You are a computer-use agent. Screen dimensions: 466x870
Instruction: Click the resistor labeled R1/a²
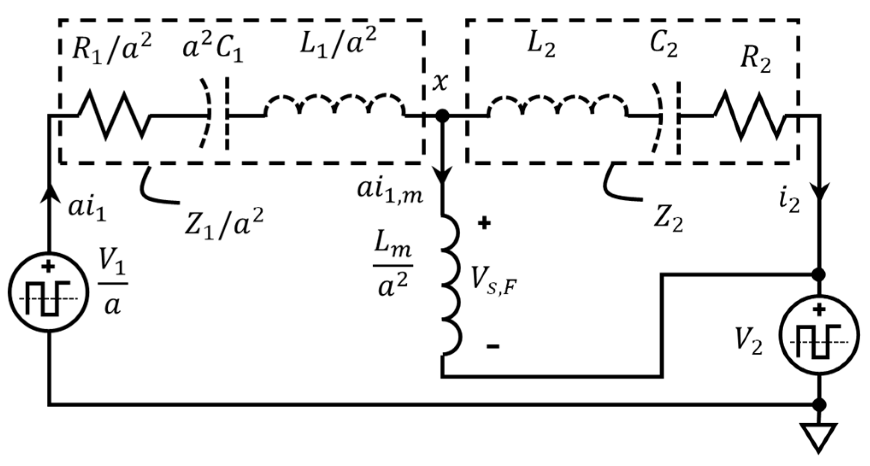[115, 115]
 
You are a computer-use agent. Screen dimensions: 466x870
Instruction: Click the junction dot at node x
[442, 115]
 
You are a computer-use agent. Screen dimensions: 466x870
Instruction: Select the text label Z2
[668, 222]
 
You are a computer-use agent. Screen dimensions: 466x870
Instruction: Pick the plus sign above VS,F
[484, 223]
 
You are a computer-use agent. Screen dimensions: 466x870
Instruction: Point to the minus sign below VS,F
[493, 346]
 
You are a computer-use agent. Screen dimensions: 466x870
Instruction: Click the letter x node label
[440, 82]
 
